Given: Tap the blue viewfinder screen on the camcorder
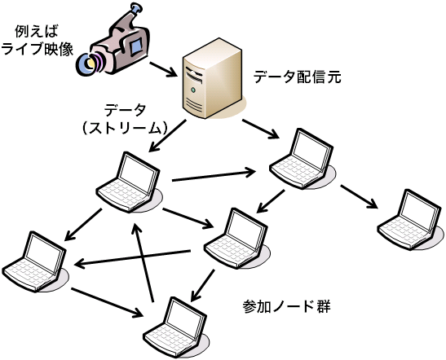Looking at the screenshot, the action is tap(136, 46).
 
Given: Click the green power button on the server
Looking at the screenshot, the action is tap(193, 90).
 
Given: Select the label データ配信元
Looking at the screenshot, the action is tap(298, 77).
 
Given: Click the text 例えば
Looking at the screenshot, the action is tap(37, 31).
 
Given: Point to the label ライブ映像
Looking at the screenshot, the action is tap(38, 49).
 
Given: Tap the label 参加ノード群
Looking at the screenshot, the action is tap(286, 306).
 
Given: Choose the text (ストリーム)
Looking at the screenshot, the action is tap(124, 128).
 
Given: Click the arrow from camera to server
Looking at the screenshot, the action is tap(163, 69).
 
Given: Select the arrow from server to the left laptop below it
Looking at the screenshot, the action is tap(167, 136).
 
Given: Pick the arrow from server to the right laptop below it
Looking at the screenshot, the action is tap(260, 129).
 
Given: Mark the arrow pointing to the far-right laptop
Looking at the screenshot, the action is tap(360, 196).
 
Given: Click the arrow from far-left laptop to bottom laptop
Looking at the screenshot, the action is tap(107, 303).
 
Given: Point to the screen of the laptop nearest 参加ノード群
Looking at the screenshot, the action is tap(246, 230).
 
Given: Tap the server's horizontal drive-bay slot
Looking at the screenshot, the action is tap(194, 74).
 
